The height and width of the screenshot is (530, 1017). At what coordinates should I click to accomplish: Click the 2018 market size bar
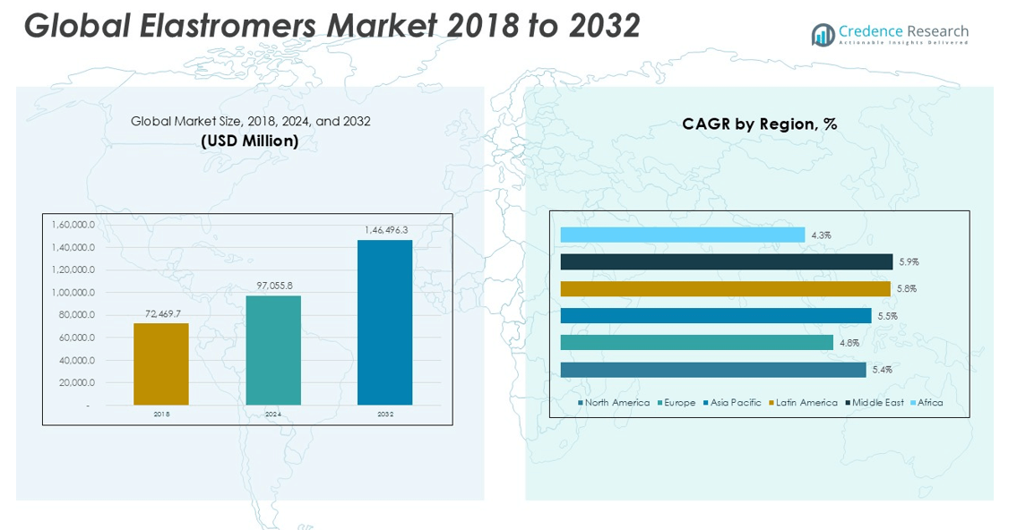[161, 364]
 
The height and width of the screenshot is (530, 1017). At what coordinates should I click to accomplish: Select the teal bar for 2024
[273, 350]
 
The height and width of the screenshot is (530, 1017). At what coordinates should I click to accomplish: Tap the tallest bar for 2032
[385, 322]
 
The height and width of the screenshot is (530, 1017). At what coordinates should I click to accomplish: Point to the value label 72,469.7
[163, 314]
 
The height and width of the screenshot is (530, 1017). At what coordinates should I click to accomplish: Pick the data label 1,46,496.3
[386, 231]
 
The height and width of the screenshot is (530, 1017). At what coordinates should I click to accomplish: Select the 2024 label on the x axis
[273, 415]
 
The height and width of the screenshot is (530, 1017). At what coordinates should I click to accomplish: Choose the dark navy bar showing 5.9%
[727, 261]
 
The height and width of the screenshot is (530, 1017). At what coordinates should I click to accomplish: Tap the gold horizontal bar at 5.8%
[725, 288]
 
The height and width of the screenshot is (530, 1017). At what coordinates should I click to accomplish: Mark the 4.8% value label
[849, 343]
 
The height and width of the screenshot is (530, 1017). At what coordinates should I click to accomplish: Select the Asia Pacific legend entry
[735, 403]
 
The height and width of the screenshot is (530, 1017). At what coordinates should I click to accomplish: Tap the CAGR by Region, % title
[759, 124]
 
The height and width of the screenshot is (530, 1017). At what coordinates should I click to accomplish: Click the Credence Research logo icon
[823, 34]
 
